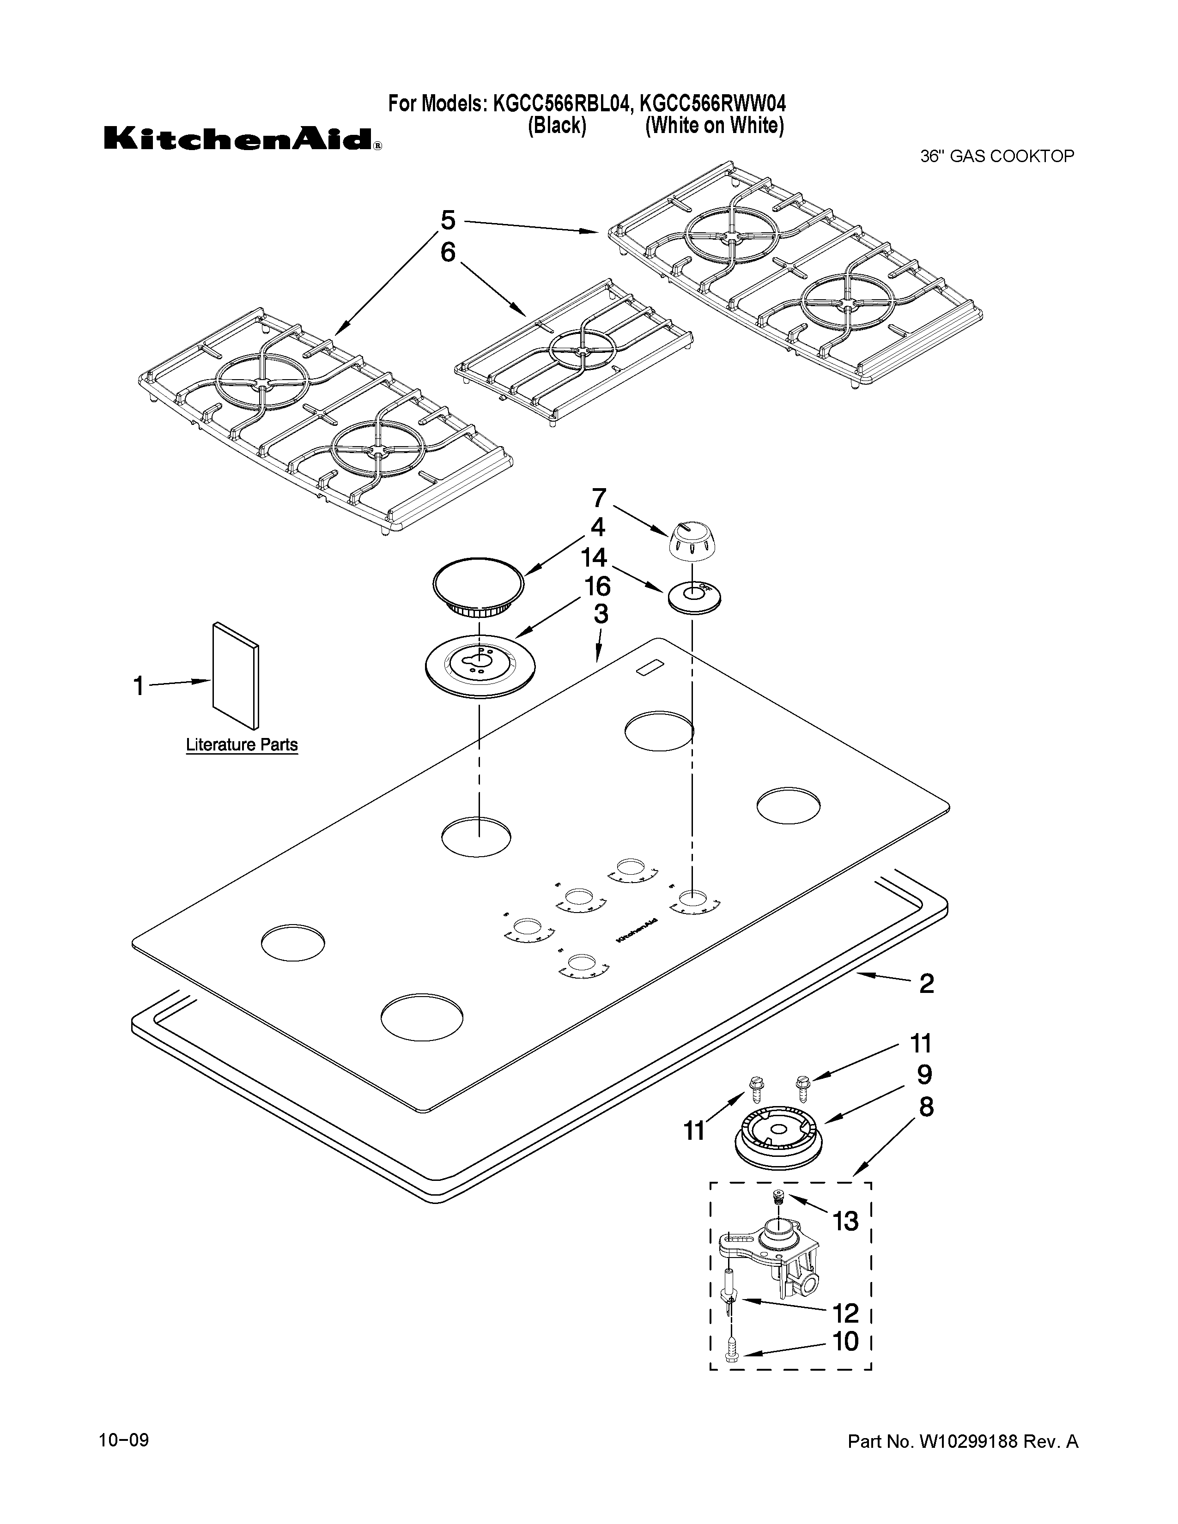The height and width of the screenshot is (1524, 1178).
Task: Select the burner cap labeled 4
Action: [478, 586]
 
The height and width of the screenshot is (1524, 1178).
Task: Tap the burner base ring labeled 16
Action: [480, 664]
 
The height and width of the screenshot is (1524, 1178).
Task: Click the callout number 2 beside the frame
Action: [926, 983]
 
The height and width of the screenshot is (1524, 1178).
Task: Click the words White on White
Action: [714, 126]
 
